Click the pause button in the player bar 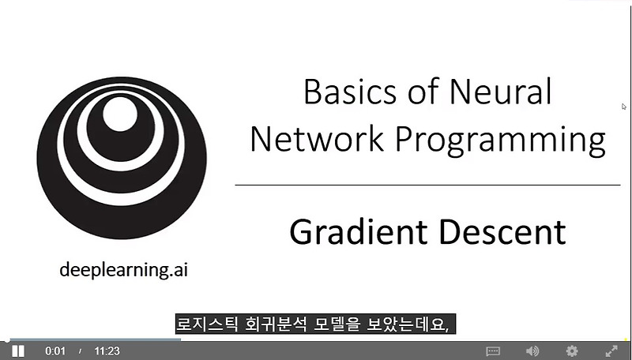pos(17,351)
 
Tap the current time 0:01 pos(55,351)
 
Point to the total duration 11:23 pos(107,351)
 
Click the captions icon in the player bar pos(493,351)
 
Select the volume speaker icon pos(532,351)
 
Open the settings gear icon pos(572,351)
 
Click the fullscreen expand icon pos(611,351)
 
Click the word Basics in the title pos(348,92)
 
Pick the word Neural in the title pos(500,92)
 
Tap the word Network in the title pos(318,140)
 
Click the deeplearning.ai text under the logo pos(124,271)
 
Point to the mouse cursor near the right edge pos(623,106)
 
